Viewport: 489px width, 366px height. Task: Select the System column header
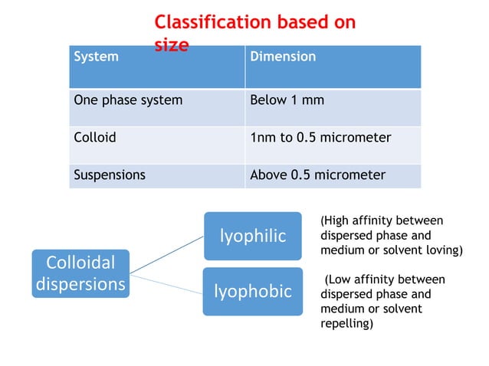96,57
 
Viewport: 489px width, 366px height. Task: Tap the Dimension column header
283,57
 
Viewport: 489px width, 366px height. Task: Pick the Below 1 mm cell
286,100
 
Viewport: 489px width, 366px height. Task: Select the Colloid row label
94,138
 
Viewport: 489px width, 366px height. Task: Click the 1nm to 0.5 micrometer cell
320,138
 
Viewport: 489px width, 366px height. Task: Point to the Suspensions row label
109,175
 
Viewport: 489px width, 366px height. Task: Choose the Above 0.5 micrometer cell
317,175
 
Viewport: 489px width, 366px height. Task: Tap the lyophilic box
252,236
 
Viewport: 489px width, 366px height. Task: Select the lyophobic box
252,292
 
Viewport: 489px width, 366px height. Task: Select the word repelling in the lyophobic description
346,324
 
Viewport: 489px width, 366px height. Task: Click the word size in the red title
172,45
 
